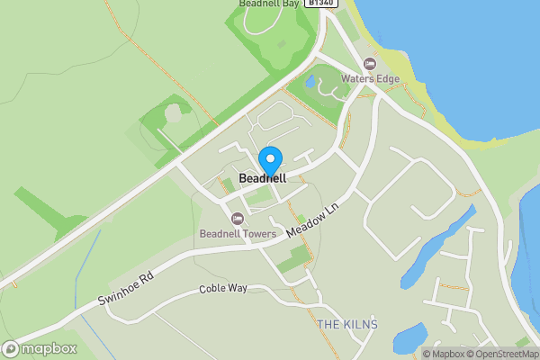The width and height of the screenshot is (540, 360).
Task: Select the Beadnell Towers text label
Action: coord(238,235)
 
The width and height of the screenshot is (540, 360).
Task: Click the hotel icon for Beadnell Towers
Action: coord(238,219)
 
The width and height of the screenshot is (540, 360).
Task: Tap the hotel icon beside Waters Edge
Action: coord(369,63)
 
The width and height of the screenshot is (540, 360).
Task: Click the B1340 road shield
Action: coord(320,4)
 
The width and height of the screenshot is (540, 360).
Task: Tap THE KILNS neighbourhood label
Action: coord(347,324)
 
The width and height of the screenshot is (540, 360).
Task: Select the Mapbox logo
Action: coord(40,348)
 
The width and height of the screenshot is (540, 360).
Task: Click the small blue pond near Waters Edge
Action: coord(310,82)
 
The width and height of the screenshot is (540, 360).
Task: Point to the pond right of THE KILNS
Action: coord(410,336)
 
